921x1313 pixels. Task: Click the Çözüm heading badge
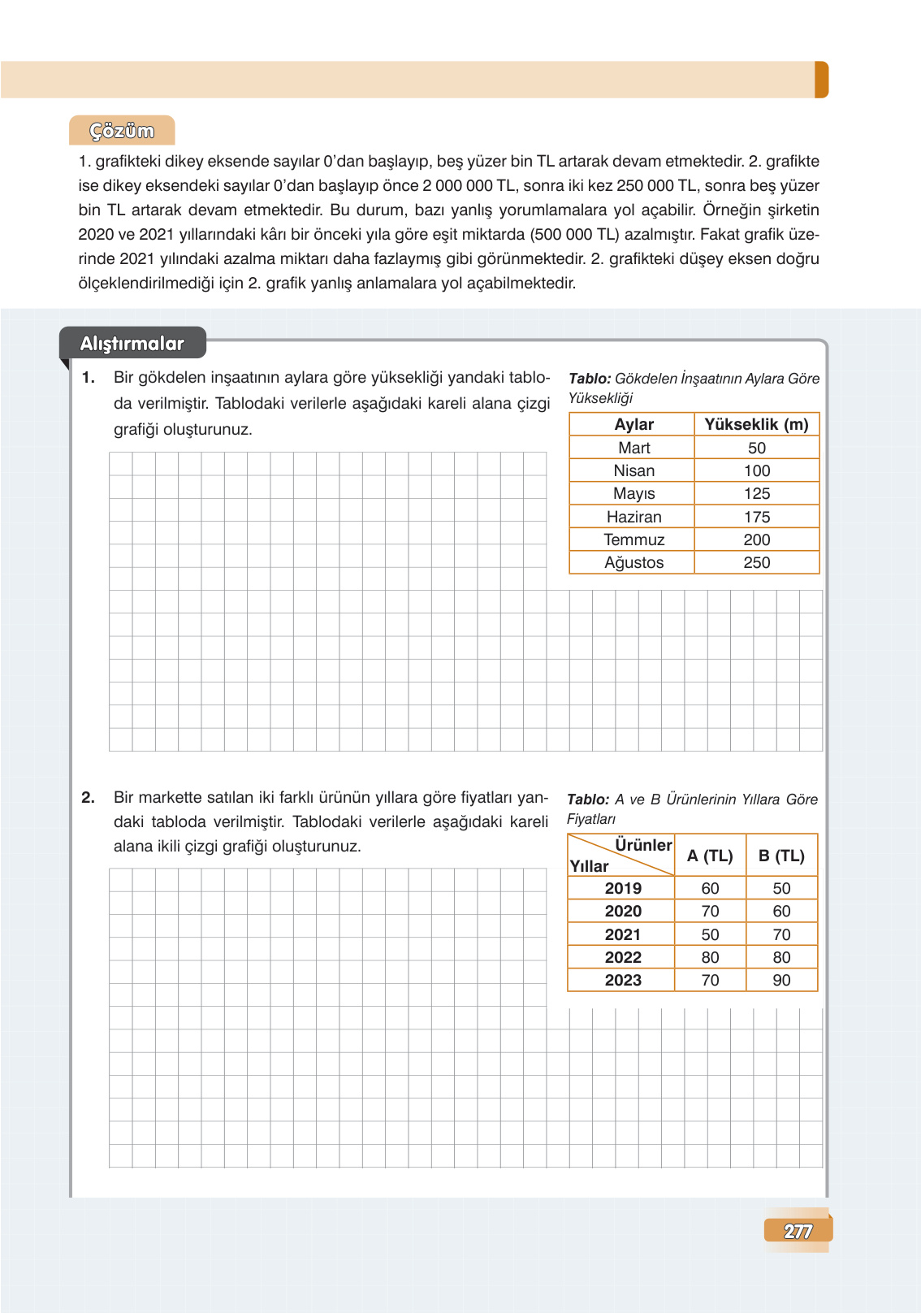pyautogui.click(x=122, y=131)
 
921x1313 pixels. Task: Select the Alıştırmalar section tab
pyautogui.click(x=132, y=344)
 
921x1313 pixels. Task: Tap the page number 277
pyautogui.click(x=798, y=1231)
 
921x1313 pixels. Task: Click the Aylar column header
pyautogui.click(x=633, y=424)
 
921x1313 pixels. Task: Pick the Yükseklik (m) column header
pyautogui.click(x=756, y=424)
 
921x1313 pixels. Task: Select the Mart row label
pyautogui.click(x=633, y=448)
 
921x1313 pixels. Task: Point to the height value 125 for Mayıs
pyautogui.click(x=756, y=493)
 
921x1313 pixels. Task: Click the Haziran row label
pyautogui.click(x=633, y=517)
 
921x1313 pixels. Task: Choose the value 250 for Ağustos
pyautogui.click(x=756, y=562)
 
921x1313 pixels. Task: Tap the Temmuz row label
pyautogui.click(x=633, y=539)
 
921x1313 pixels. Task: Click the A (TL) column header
pyautogui.click(x=710, y=856)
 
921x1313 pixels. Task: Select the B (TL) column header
pyautogui.click(x=781, y=856)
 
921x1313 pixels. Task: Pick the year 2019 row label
pyautogui.click(x=623, y=888)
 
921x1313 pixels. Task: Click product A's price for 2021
pyautogui.click(x=710, y=934)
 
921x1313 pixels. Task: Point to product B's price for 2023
pyautogui.click(x=781, y=980)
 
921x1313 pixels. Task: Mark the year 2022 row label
pyautogui.click(x=623, y=957)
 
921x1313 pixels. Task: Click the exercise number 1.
pyautogui.click(x=89, y=378)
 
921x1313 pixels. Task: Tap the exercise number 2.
pyautogui.click(x=89, y=798)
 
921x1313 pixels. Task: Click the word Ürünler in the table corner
pyautogui.click(x=643, y=845)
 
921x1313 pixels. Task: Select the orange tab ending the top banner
pyautogui.click(x=821, y=80)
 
